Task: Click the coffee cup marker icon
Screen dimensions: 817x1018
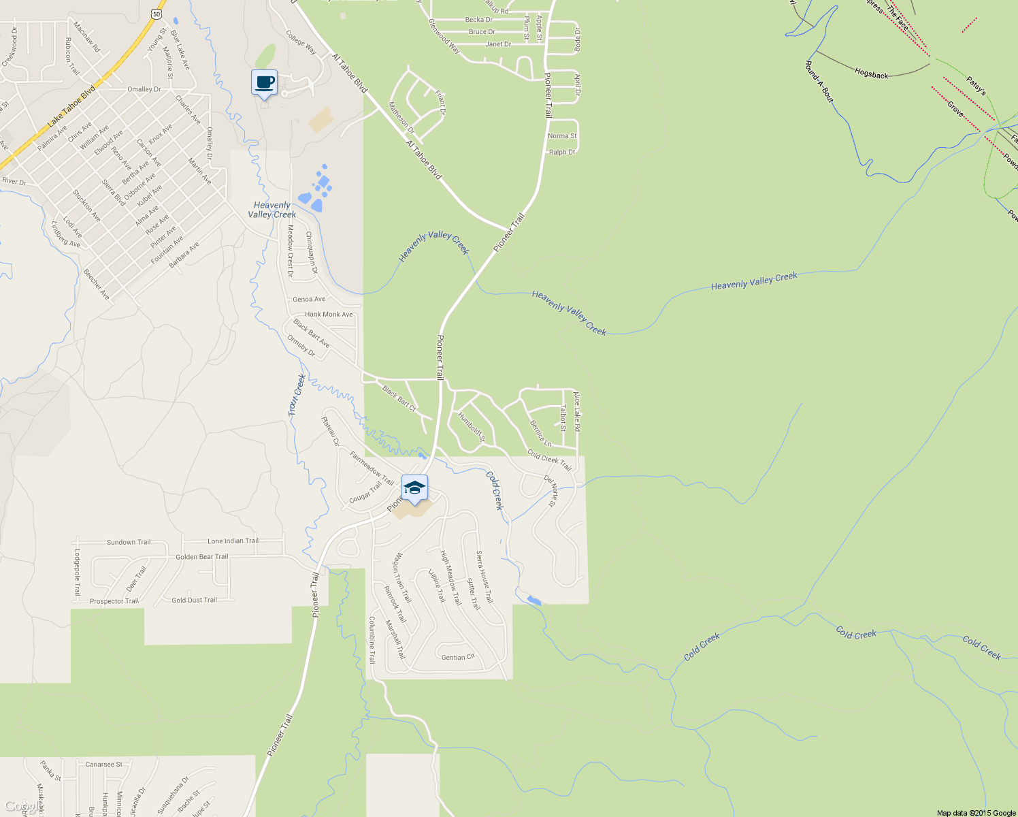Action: point(264,83)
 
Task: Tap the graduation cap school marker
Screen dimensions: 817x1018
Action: point(414,488)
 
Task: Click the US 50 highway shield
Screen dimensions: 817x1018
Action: point(157,14)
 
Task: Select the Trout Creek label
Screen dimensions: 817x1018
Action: point(297,395)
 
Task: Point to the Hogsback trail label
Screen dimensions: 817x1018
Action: point(872,74)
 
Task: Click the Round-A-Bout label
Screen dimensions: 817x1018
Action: point(819,81)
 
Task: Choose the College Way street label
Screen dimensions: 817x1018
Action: point(301,42)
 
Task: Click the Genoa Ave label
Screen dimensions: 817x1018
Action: point(309,299)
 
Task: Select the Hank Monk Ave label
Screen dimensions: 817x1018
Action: point(329,315)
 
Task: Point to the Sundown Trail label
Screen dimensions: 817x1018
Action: point(129,543)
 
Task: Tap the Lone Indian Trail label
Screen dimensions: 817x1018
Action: point(233,541)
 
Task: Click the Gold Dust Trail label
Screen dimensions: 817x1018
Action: point(194,600)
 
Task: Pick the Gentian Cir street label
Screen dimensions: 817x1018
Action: point(458,658)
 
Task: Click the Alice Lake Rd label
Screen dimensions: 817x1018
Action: point(576,411)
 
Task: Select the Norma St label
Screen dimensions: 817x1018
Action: point(562,136)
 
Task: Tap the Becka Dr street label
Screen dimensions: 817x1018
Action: point(479,20)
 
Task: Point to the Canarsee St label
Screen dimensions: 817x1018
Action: point(103,765)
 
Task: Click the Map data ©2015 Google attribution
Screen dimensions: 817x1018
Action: point(975,813)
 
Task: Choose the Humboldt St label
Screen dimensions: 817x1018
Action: point(471,427)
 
